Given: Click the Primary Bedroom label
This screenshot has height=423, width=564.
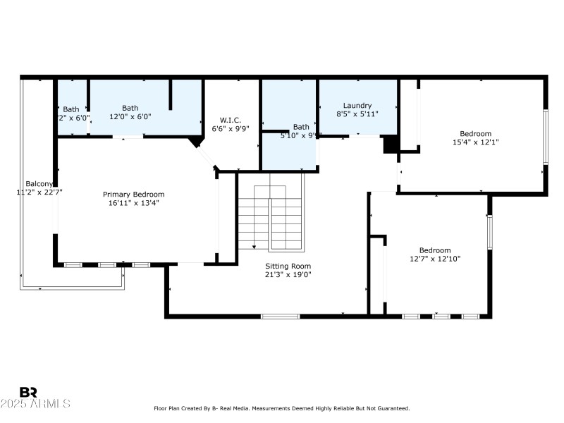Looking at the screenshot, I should tap(133, 195).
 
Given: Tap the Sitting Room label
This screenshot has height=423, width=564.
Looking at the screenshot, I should tap(287, 266).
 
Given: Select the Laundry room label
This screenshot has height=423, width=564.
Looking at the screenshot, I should tap(357, 106).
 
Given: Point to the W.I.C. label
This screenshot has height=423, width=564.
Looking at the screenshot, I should tap(231, 119).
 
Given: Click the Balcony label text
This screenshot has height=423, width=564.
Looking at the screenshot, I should tap(39, 183).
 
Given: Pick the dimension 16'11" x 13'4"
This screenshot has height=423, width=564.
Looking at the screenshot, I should tap(133, 204).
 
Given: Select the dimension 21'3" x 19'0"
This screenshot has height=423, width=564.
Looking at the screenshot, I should tap(287, 274).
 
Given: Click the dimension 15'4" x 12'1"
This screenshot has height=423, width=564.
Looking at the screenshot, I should tap(475, 142).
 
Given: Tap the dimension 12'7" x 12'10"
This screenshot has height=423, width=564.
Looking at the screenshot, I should tap(435, 259).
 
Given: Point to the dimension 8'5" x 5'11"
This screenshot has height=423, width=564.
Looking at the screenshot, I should tap(357, 114).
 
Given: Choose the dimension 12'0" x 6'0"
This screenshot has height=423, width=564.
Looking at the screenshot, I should tap(130, 117).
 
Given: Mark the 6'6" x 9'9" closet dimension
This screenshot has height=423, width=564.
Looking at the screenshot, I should tap(231, 128).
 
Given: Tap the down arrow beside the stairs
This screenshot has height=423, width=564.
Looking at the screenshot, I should tap(254, 246).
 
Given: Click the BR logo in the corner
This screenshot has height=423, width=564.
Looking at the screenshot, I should tap(28, 392).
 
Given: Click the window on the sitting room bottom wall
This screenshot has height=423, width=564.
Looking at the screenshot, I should tap(280, 316).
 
